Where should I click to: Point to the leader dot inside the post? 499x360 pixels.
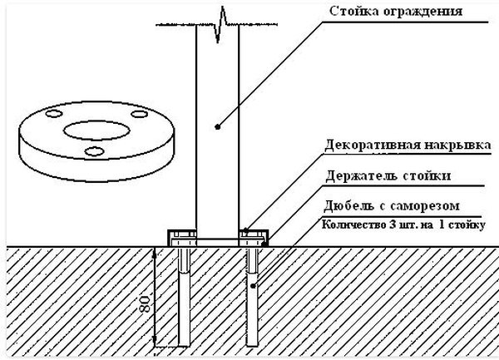[217, 127]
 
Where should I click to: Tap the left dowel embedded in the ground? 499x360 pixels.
[183, 299]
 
